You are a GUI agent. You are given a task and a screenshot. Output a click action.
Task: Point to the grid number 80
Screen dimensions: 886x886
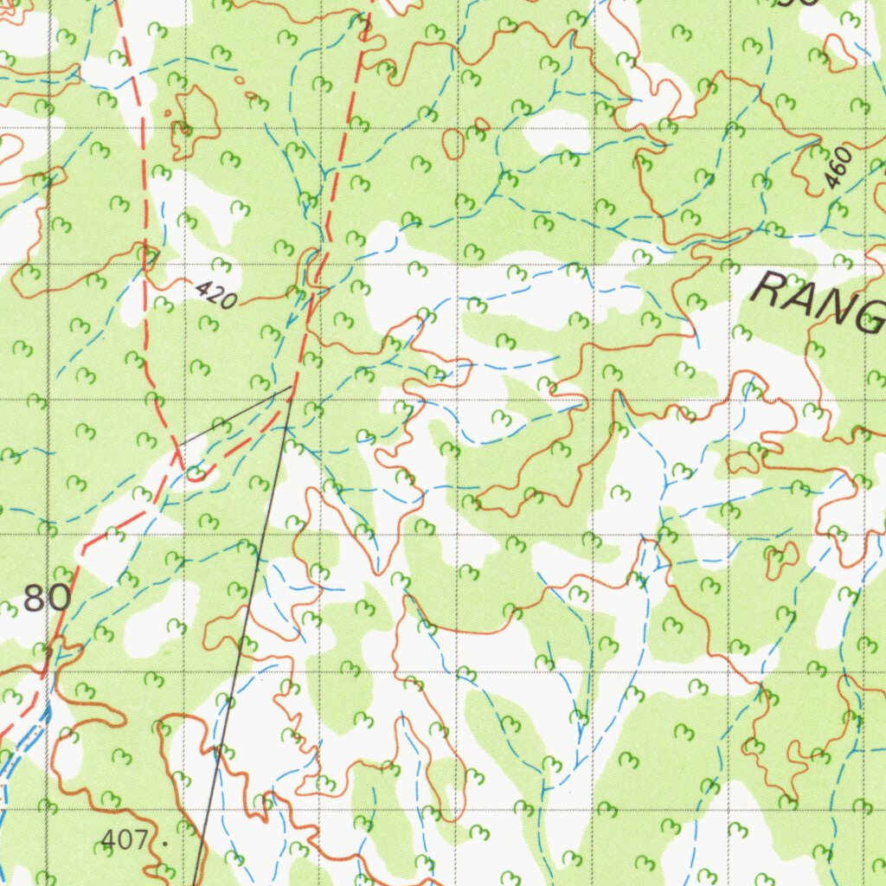coord(47,598)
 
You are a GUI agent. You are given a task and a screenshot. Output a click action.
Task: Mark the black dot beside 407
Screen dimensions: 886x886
coord(164,839)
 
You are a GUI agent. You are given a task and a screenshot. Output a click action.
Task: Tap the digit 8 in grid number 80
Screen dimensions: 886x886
coord(35,598)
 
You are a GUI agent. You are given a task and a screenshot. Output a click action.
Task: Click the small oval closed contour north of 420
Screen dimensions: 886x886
coord(453,144)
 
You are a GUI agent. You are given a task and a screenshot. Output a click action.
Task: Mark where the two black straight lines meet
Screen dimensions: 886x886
coord(290,388)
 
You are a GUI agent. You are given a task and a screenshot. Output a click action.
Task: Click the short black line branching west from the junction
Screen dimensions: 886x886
coord(234,416)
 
